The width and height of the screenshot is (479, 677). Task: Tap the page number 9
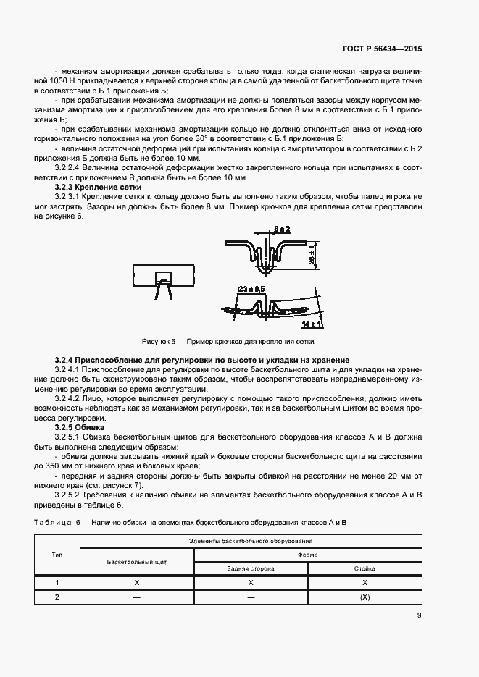[x=419, y=616]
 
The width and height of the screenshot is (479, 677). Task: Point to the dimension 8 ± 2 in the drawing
[x=283, y=230]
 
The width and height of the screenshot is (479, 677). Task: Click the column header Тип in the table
[x=57, y=554]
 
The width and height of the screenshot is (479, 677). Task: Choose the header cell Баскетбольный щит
[x=137, y=561]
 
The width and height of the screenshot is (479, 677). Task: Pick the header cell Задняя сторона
[x=250, y=568]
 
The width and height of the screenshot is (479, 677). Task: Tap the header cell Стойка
[x=365, y=568]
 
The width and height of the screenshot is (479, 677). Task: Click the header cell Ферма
[x=307, y=555]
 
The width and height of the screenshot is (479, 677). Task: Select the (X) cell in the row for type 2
[x=365, y=597]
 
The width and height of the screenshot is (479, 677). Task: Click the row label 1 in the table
[x=57, y=583]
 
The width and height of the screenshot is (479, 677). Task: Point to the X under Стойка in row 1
[x=365, y=583]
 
